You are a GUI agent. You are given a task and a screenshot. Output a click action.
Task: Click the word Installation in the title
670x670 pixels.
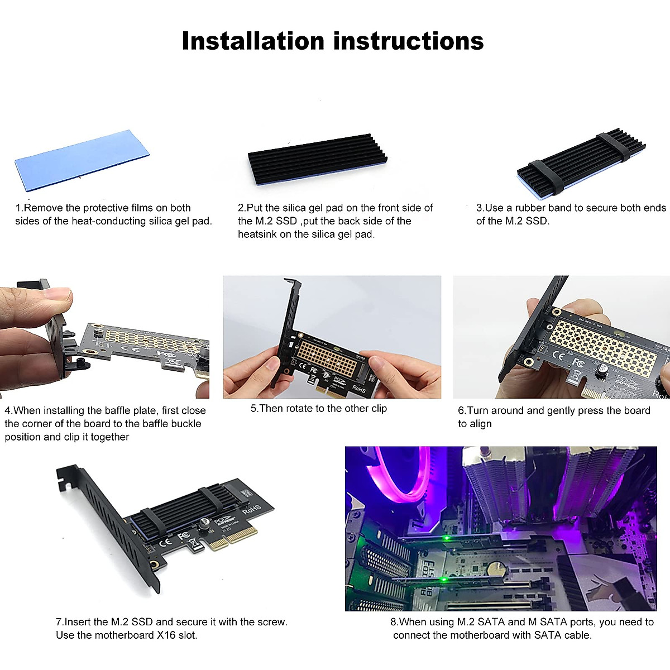[x=253, y=41]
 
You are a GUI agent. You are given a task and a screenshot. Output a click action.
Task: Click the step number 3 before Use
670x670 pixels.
[x=479, y=208]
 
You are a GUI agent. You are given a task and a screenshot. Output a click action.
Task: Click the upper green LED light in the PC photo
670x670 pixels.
[x=446, y=539]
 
